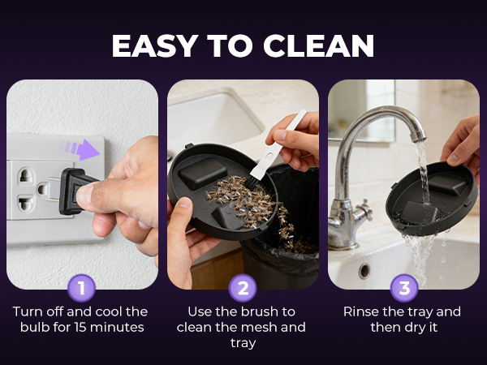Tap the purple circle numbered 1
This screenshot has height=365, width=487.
point(82,287)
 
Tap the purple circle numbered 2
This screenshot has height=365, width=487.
point(243,287)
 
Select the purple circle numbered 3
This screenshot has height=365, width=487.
point(403,287)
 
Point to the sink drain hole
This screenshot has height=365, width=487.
point(363,270)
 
